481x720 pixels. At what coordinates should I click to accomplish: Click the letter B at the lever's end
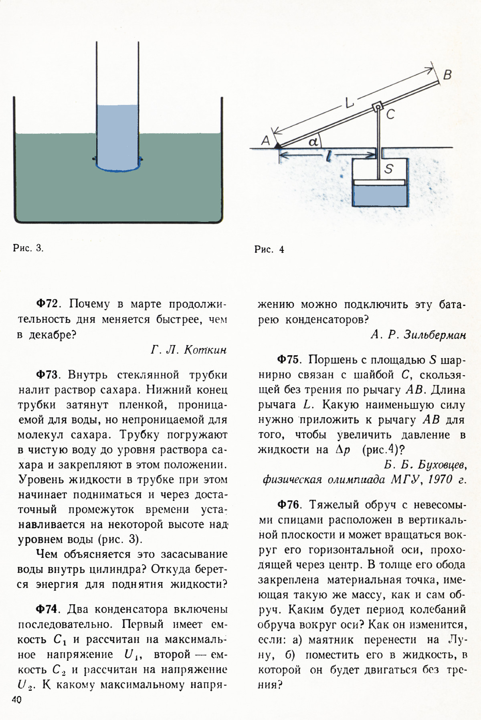448,75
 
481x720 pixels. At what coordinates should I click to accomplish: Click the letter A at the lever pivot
265,140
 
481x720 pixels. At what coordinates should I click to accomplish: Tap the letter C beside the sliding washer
390,115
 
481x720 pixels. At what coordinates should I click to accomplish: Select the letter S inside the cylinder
388,169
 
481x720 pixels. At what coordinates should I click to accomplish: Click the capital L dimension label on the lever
349,104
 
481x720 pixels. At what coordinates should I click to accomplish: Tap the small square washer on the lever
377,107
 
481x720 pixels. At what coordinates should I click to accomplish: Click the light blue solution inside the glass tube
117,136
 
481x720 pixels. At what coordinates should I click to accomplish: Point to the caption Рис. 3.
28,248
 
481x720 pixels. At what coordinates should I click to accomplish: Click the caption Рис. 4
269,249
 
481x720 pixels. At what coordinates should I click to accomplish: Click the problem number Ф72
48,304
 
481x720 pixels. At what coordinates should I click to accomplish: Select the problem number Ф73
48,375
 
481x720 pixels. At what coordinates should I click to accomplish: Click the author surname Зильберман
435,335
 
